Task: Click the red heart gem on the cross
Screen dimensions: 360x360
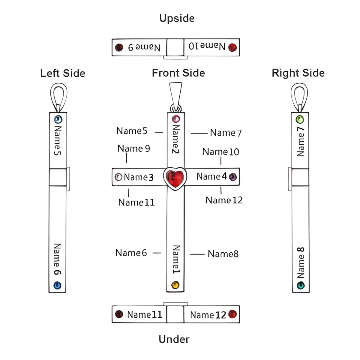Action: [x=175, y=178]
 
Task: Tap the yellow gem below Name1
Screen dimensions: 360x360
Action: [x=175, y=285]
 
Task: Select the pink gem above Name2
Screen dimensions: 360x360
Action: [x=176, y=119]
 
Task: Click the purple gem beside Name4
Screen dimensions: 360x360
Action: [x=232, y=177]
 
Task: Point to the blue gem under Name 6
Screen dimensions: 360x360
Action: [x=57, y=285]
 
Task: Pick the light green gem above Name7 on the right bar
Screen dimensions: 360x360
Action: [x=300, y=119]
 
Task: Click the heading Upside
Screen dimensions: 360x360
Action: [x=177, y=18]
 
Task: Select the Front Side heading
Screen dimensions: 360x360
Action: [x=178, y=73]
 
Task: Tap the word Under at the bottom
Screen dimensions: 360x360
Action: [x=174, y=339]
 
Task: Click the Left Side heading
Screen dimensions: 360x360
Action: [x=63, y=73]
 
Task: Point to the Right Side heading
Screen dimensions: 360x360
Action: [x=298, y=73]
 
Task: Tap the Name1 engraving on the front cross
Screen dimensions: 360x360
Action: [x=176, y=259]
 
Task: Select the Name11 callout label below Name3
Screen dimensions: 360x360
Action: [x=136, y=202]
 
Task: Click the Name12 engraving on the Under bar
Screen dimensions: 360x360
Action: [x=208, y=315]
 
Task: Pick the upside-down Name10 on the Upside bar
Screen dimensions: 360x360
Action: [x=207, y=46]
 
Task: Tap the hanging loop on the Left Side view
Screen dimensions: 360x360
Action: [x=58, y=96]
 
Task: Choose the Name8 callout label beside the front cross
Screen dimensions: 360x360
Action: [x=223, y=254]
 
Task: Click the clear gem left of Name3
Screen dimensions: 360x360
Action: [x=118, y=177]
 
